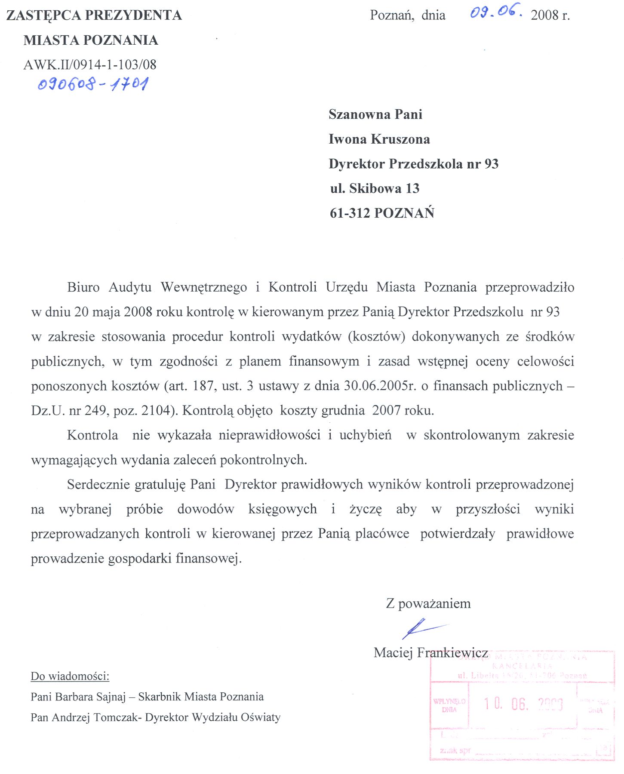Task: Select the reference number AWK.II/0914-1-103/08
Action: [x=90, y=65]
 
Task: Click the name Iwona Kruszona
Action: [x=379, y=139]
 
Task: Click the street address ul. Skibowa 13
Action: [x=375, y=188]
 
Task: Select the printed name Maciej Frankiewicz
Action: [x=430, y=653]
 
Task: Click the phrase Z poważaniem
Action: [x=428, y=603]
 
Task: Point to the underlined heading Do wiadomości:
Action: [x=70, y=676]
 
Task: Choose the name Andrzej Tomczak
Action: [x=96, y=717]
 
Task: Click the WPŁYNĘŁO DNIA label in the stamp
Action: [x=449, y=705]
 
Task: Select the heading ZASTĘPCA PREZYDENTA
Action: [x=94, y=15]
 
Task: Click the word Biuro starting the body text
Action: [x=83, y=287]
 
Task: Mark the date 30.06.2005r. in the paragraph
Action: [x=380, y=386]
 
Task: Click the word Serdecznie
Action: [x=98, y=484]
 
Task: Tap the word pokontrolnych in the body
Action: [x=263, y=460]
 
